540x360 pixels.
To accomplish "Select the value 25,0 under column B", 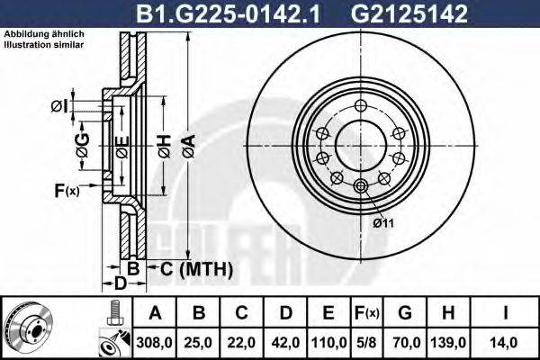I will point(200,342).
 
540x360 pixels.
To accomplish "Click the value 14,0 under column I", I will point(506,342).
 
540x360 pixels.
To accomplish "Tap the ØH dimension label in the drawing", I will point(163,145).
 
